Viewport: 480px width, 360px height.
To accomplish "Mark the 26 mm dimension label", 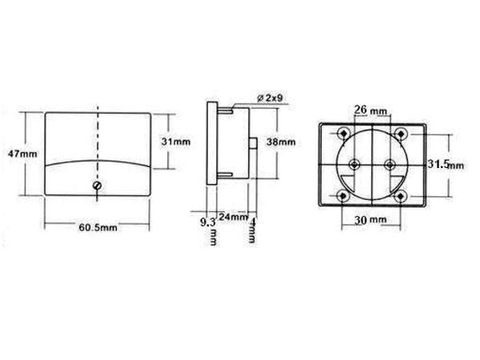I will [370, 108].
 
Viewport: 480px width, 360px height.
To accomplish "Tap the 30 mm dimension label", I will [371, 219].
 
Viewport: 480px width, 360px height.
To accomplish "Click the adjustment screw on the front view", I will [98, 186].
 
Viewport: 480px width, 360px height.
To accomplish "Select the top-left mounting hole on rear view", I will [343, 132].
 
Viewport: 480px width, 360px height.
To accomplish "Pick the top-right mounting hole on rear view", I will [399, 132].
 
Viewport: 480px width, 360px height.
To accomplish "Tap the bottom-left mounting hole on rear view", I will [343, 195].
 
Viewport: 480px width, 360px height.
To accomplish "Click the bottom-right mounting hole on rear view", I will [399, 195].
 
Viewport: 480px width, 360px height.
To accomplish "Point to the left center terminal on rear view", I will [353, 163].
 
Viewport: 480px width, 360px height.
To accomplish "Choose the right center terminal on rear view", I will [390, 163].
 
